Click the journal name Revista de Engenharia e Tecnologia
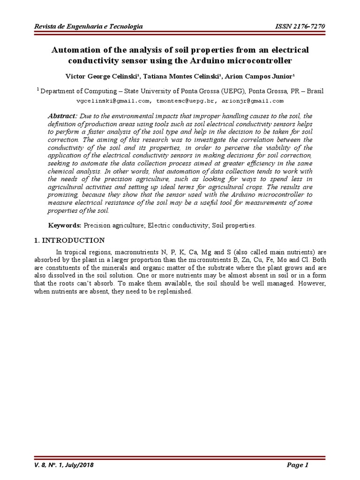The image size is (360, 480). coord(89,27)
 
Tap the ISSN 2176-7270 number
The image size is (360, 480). coord(300,27)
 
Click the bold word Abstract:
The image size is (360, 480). coord(63,116)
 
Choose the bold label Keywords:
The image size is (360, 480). coord(65,225)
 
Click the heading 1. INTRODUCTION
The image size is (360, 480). coord(70,240)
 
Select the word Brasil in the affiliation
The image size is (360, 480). coord(314,91)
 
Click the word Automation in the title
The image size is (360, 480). coord(78,50)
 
